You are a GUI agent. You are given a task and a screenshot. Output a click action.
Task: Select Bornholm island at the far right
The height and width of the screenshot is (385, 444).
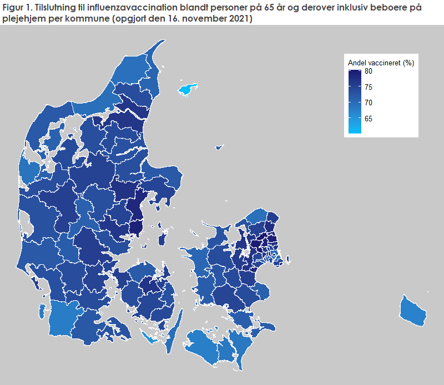[413, 311]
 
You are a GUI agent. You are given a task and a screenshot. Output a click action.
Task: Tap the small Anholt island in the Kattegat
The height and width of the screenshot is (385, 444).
[219, 147]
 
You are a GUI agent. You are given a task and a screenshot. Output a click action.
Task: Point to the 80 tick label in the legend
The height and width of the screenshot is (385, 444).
[369, 71]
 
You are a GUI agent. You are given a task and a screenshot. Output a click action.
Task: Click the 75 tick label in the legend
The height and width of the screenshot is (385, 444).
[369, 87]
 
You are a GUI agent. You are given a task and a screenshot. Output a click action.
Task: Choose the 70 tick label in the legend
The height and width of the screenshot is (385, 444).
[369, 102]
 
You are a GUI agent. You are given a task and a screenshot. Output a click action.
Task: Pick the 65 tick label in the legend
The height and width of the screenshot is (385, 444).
[369, 119]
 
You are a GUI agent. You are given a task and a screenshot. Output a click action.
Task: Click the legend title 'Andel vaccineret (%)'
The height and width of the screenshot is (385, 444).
[380, 63]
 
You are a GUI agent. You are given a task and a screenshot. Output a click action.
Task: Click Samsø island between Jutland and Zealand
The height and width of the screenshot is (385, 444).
[163, 237]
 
